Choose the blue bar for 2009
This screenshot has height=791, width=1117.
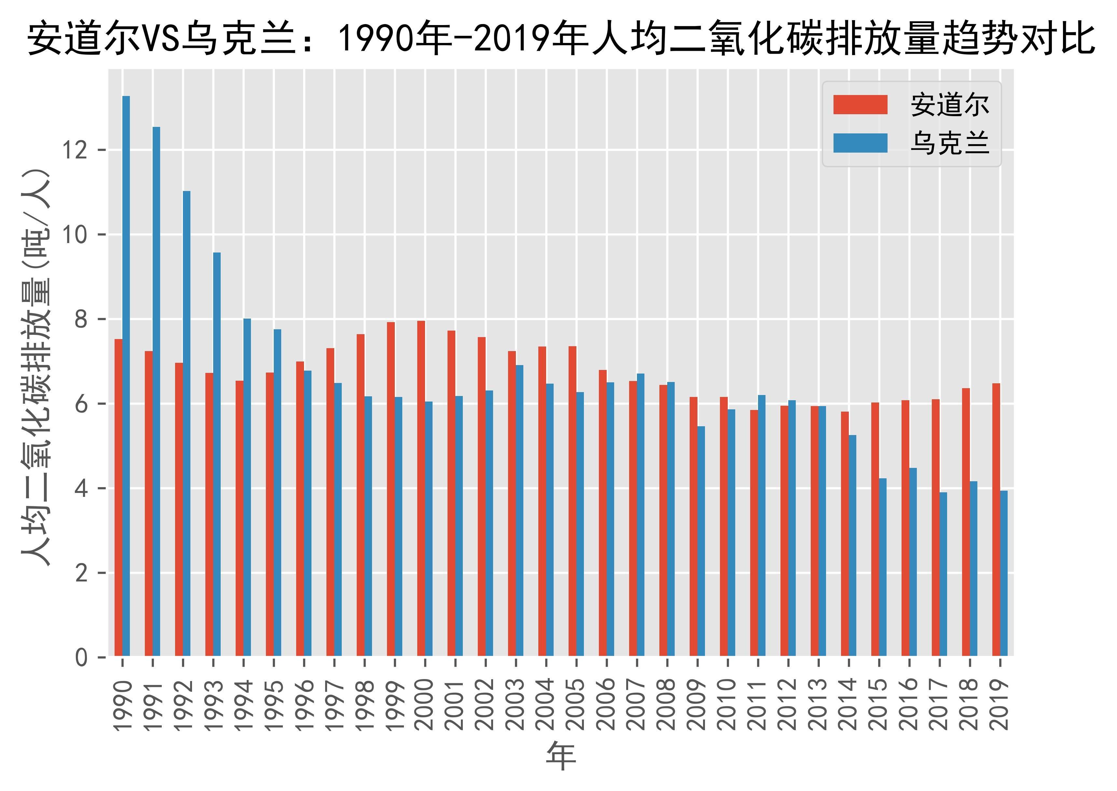701,541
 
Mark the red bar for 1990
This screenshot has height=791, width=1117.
118,497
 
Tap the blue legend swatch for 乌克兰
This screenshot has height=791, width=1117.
860,143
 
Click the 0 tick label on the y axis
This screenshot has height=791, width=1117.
82,658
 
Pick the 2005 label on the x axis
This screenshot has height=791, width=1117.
576,704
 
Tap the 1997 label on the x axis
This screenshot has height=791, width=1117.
334,704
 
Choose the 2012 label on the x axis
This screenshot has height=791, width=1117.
788,704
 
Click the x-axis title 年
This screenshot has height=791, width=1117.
561,757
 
